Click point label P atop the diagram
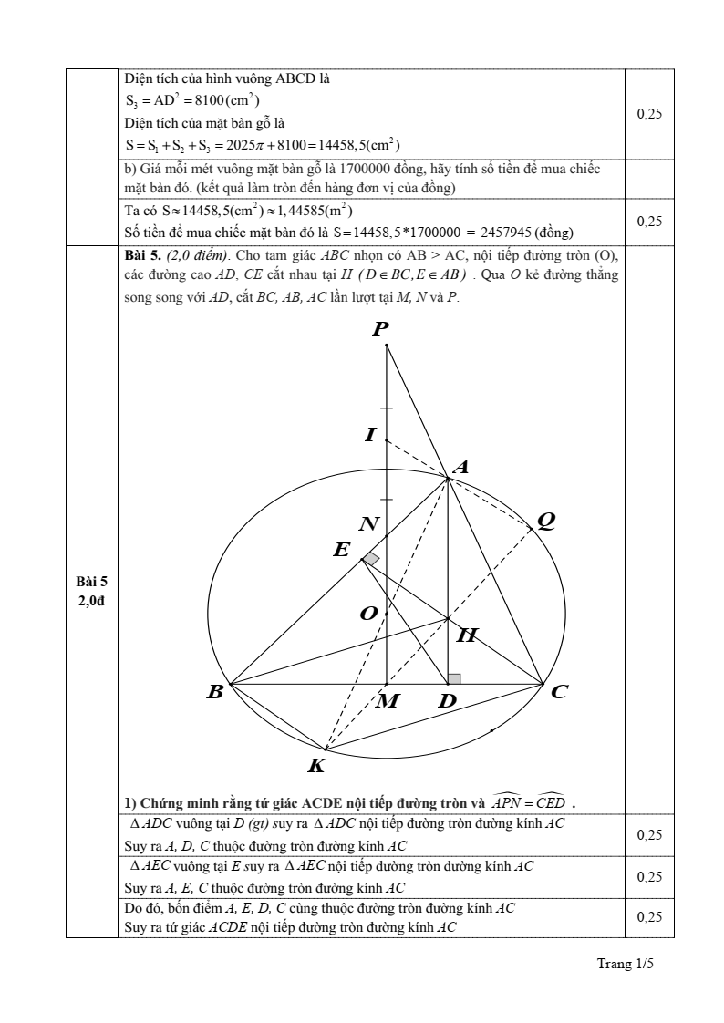(380, 330)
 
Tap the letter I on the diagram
(369, 435)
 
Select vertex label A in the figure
(460, 467)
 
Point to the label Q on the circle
(546, 520)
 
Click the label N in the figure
(368, 524)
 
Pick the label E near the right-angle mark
(342, 550)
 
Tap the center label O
(368, 614)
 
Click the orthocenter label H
(466, 635)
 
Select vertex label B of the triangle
(215, 692)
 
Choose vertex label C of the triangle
(559, 692)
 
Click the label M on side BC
(388, 701)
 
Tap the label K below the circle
(316, 766)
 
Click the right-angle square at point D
(454, 678)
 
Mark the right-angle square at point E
(370, 559)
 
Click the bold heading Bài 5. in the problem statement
(141, 255)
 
